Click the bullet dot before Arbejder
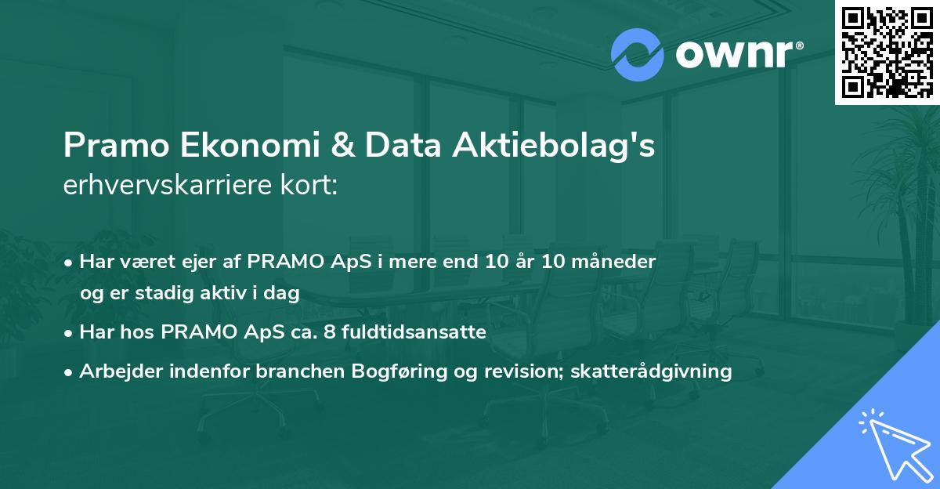coord(69,372)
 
